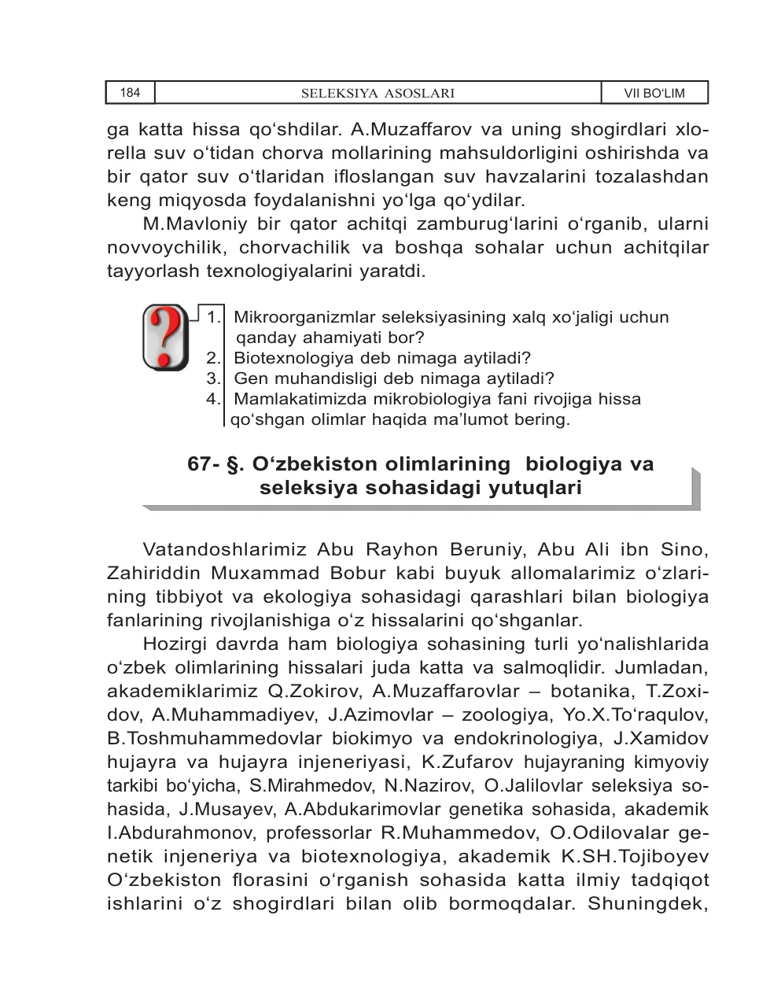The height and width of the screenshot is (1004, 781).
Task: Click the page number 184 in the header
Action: (x=130, y=93)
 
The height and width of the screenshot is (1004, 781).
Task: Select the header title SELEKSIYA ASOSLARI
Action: (x=378, y=94)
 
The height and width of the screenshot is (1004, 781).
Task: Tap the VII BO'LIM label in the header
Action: (x=654, y=94)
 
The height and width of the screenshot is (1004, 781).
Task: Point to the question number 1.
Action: (x=213, y=318)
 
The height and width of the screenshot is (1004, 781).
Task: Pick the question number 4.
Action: (x=213, y=399)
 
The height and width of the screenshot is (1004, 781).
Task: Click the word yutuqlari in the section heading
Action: (x=535, y=488)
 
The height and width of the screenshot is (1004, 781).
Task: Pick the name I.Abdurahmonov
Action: (x=181, y=832)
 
